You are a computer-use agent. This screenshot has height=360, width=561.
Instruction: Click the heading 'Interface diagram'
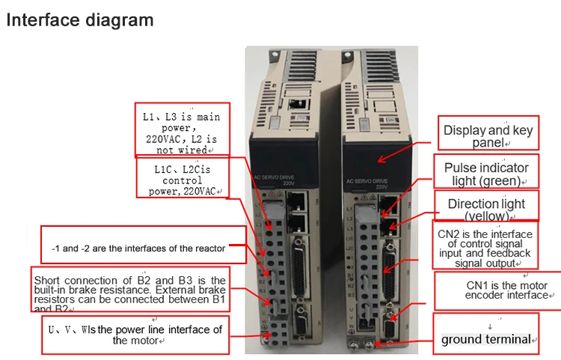pyautogui.click(x=80, y=19)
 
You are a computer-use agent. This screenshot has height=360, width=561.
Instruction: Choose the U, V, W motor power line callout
pyautogui.click(x=136, y=335)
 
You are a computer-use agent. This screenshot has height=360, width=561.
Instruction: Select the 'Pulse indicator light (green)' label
pyautogui.click(x=486, y=174)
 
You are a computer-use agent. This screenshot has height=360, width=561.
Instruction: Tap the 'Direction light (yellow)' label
pyautogui.click(x=486, y=210)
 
